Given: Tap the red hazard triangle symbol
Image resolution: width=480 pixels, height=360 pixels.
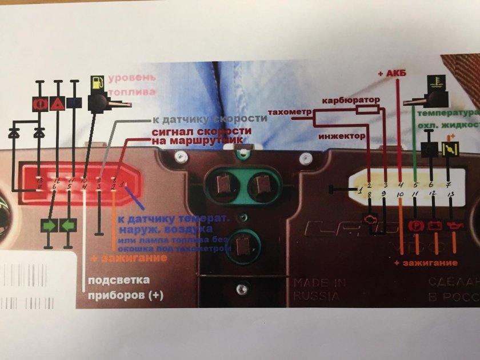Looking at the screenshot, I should [57, 103].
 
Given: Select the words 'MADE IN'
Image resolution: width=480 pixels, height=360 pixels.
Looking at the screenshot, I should [320, 282].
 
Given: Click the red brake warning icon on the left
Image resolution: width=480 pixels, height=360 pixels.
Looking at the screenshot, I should [40, 103].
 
